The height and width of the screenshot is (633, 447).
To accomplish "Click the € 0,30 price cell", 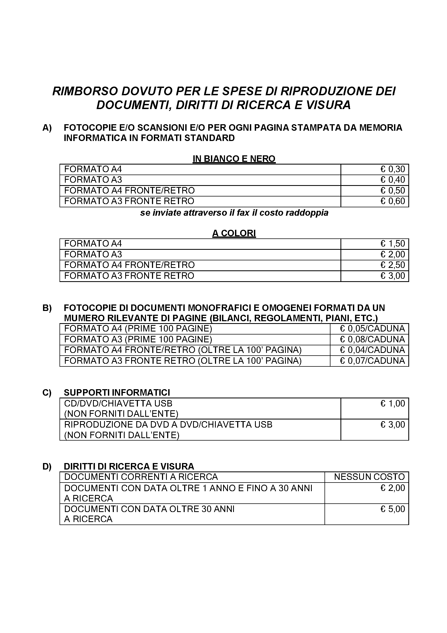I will point(392,169).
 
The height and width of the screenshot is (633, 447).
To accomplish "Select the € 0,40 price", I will point(392,180).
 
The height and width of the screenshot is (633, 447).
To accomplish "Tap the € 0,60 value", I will point(392,201).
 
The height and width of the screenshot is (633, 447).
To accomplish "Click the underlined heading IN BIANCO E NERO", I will point(234,159).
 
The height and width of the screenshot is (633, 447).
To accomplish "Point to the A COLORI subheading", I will point(234,233).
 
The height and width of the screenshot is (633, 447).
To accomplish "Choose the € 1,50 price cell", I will point(392,244).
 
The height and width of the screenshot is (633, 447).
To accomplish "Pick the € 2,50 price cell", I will point(392,265).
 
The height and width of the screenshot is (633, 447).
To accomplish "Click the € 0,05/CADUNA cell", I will point(372,329).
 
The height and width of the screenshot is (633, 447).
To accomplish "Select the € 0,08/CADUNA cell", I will point(372,339).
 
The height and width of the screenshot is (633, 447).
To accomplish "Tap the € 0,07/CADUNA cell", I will point(372,360).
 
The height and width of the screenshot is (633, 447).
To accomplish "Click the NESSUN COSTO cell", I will point(369,477).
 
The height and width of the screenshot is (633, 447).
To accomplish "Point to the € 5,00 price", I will point(392,509).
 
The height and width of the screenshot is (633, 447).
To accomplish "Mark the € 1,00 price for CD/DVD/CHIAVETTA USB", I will point(392,404).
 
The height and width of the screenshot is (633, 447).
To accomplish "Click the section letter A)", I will point(47,128).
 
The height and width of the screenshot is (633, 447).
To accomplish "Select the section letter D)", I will point(47,467).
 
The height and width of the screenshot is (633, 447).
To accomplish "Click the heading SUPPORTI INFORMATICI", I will point(117,393).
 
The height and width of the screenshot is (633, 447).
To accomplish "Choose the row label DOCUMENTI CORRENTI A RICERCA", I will point(141,477).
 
